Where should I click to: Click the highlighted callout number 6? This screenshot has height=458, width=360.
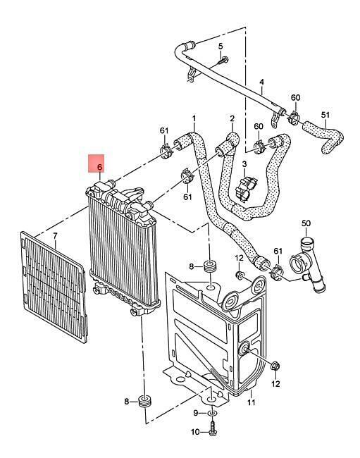click(x=99, y=168)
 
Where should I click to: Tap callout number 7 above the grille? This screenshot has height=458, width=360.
click(x=56, y=235)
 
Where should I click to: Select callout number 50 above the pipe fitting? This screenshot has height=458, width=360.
click(x=306, y=223)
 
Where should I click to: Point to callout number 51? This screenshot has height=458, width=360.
click(x=325, y=115)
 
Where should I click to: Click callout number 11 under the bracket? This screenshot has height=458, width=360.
click(x=252, y=402)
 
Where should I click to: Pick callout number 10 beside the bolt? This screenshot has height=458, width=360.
click(x=196, y=432)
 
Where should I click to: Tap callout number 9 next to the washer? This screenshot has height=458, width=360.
click(x=196, y=413)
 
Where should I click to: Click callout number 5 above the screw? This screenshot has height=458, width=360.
click(x=221, y=46)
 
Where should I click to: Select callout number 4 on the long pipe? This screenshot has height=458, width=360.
click(x=261, y=82)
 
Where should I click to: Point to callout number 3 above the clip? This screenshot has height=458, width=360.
click(x=244, y=164)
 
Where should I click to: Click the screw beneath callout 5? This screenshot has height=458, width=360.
click(x=223, y=61)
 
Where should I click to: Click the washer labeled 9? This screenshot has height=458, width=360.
click(x=212, y=414)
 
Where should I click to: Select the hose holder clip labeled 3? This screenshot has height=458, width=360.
click(x=247, y=187)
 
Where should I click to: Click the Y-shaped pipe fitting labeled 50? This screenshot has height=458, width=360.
click(x=306, y=264)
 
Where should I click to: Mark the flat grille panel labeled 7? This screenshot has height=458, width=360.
click(x=54, y=287)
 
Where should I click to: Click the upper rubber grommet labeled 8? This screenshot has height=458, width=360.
click(x=210, y=265)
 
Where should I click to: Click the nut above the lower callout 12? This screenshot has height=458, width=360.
click(x=275, y=366)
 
